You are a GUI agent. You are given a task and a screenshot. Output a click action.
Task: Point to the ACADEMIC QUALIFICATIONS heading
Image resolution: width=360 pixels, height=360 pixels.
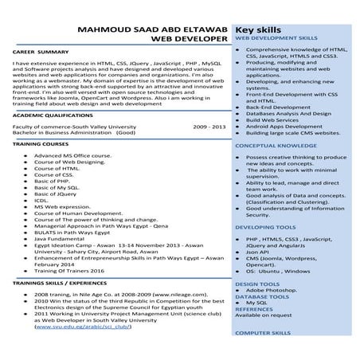(53, 115)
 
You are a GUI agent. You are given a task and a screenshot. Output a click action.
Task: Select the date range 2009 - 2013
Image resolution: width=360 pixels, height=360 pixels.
(209, 126)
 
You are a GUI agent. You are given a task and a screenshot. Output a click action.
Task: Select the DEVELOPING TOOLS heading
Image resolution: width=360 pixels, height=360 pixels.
(265, 227)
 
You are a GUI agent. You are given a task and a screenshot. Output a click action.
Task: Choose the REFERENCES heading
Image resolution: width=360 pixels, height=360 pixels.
(255, 309)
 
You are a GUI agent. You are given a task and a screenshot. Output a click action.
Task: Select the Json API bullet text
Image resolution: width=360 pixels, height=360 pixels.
(259, 252)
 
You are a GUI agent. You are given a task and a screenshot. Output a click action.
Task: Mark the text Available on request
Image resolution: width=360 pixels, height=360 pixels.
(263, 315)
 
